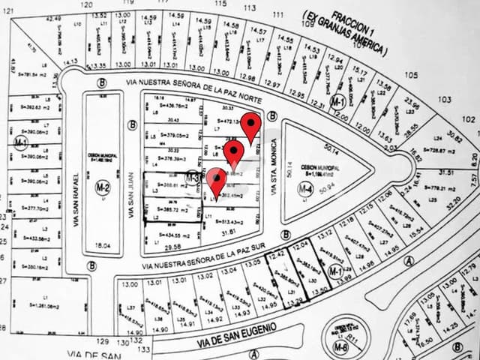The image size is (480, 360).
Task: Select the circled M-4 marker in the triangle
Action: pos(304,190)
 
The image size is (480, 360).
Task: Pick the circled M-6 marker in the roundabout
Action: pos(341,348)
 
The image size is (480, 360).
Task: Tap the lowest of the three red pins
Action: pos(217,180)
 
